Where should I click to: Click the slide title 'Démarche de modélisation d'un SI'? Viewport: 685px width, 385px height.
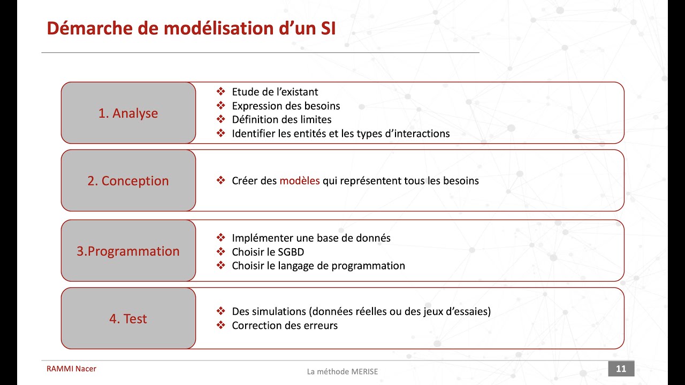click(191, 28)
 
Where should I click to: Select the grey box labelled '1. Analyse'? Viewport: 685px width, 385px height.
click(128, 113)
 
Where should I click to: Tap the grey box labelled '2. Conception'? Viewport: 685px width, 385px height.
click(128, 181)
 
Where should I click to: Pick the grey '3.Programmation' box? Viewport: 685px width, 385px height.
click(128, 251)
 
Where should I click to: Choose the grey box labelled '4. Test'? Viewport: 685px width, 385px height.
click(128, 319)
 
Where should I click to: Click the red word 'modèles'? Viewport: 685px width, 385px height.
click(300, 181)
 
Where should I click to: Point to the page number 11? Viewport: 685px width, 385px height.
click(621, 368)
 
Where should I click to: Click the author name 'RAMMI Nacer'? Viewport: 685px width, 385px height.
click(71, 368)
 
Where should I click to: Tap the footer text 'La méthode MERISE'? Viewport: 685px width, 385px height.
click(342, 372)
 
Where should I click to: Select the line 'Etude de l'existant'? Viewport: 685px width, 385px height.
click(275, 92)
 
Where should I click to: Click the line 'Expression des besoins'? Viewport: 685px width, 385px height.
click(286, 106)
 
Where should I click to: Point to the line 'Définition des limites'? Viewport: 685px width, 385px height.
click(281, 120)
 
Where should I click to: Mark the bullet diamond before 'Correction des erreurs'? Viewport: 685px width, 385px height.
click(220, 325)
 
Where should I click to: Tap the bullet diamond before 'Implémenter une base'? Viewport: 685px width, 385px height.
click(220, 238)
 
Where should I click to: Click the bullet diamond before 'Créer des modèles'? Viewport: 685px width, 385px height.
click(220, 181)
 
